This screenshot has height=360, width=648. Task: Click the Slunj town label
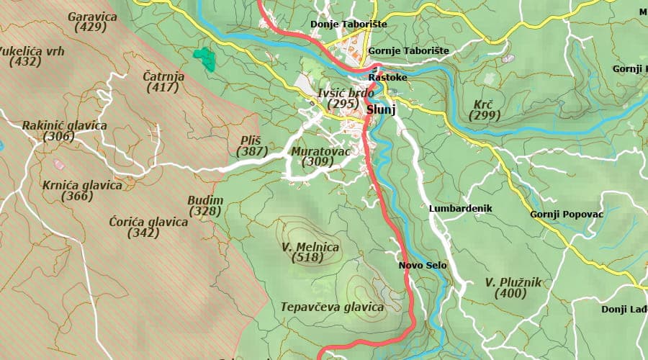pos(382,110)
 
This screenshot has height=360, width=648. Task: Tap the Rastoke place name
pos(387,77)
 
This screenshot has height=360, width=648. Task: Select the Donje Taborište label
pos(348,24)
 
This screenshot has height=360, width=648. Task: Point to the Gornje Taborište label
pos(408,51)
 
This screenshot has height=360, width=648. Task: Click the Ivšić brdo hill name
pos(345,94)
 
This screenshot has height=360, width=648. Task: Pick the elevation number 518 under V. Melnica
pos(310,258)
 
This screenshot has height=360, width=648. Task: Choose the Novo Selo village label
pos(423,266)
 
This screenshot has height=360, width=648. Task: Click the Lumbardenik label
pos(459,208)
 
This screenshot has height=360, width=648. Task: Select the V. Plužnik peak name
pos(513,282)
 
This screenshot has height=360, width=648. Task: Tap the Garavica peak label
pos(91,16)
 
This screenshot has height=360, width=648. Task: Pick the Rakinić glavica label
pos(64,126)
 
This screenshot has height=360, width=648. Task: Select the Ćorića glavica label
pos(148,222)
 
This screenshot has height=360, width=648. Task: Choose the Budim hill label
pos(205,200)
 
